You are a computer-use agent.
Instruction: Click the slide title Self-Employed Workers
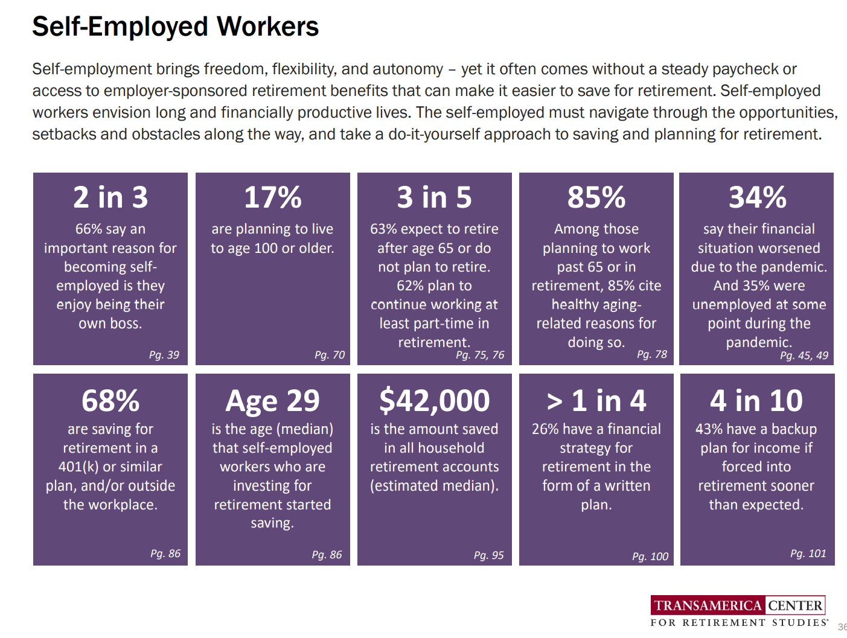175,27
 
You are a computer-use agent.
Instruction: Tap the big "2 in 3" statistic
110,197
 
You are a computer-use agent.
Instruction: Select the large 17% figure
273,197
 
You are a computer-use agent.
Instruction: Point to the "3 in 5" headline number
434,197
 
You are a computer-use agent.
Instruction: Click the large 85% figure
596,197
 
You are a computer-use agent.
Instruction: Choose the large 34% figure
758,197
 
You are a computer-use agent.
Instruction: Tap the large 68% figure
110,401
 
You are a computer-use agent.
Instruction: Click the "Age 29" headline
273,401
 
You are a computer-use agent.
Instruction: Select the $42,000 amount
435,401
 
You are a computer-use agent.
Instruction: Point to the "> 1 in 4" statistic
596,401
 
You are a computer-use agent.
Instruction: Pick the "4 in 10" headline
756,401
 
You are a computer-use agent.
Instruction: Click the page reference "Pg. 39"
164,355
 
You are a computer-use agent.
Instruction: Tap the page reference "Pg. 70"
330,355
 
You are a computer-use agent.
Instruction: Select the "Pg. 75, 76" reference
480,355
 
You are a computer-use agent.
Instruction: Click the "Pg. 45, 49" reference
804,356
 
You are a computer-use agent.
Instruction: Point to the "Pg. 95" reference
488,555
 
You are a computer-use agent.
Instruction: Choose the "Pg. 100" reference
650,557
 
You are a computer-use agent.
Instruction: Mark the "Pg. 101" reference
808,553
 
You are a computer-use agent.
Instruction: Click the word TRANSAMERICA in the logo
708,605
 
